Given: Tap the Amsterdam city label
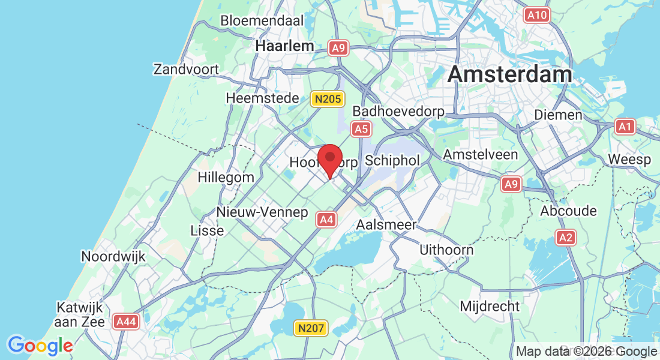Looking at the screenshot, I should (509, 74).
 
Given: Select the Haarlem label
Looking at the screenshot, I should (284, 46).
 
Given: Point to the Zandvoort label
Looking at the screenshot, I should (186, 69).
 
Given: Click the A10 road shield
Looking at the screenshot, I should (536, 15).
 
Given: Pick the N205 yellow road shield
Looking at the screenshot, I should (327, 100).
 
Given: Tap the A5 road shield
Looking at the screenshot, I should (361, 128).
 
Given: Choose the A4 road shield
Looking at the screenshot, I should (326, 220).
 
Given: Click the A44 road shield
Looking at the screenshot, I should (126, 322).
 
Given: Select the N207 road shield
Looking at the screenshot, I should (311, 328).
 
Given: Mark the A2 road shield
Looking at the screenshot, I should (565, 237).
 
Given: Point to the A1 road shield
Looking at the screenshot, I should (625, 126).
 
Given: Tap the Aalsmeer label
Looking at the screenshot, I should (386, 224).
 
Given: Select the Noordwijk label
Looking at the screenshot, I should (113, 256).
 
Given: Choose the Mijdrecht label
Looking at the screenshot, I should (490, 306).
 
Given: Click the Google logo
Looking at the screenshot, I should (40, 346).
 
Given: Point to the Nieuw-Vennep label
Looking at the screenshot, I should (262, 212).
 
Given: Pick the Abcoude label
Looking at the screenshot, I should (568, 211).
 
